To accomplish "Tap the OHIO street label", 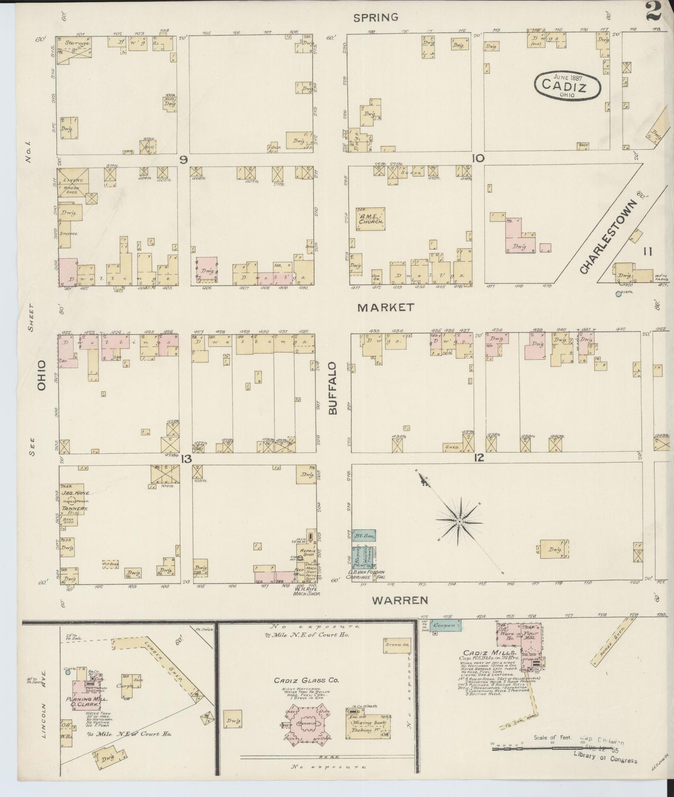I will [x=42, y=375].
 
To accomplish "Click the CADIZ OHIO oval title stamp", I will [x=567, y=85].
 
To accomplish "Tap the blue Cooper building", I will [x=445, y=625].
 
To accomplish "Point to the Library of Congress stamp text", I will [x=605, y=760].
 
